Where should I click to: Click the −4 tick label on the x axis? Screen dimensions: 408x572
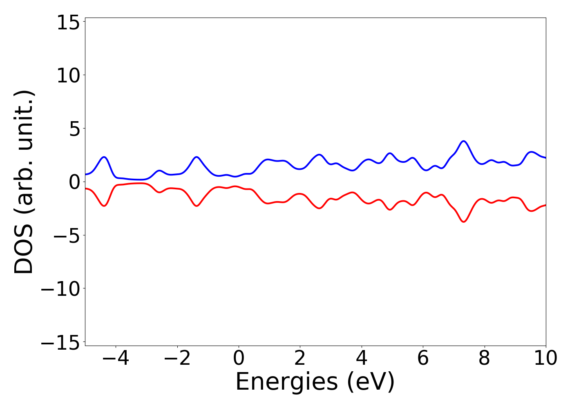pos(116,358)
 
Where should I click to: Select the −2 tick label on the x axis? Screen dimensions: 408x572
pos(177,358)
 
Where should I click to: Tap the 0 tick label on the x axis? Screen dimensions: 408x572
pos(239,358)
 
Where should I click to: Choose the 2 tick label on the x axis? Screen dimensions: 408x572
pos(300,358)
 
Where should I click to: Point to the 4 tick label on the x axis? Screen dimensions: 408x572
pos(362,358)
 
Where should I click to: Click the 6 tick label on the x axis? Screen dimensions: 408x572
pos(423,358)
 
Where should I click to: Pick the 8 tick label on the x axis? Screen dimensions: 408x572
pos(485,358)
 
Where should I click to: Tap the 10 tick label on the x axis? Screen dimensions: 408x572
pos(545,358)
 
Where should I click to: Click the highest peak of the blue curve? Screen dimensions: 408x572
pos(463,141)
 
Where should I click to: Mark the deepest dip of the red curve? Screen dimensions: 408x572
pos(463,222)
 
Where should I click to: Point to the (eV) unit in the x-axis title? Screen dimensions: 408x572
pos(371,383)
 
